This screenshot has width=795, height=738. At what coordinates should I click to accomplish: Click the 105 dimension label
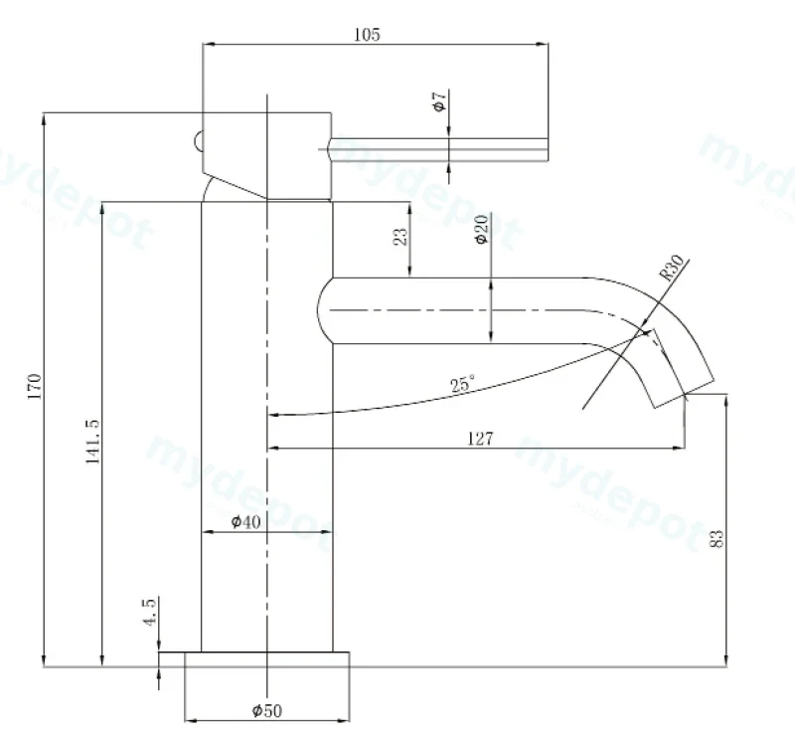(x=367, y=35)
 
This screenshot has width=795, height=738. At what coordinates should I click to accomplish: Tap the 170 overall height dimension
(x=35, y=386)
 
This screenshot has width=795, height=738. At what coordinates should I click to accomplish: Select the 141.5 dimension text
(x=92, y=442)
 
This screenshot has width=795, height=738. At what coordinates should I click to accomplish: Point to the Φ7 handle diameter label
(x=439, y=101)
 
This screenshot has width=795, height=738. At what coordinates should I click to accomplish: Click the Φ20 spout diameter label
(x=482, y=230)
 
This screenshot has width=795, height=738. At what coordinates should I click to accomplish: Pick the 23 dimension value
(x=400, y=237)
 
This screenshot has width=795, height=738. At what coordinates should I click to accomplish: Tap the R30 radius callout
(x=672, y=268)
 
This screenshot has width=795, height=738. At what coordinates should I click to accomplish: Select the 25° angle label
(x=463, y=384)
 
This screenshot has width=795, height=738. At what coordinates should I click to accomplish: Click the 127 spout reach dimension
(x=480, y=438)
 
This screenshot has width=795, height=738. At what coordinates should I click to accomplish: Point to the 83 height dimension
(x=716, y=538)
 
